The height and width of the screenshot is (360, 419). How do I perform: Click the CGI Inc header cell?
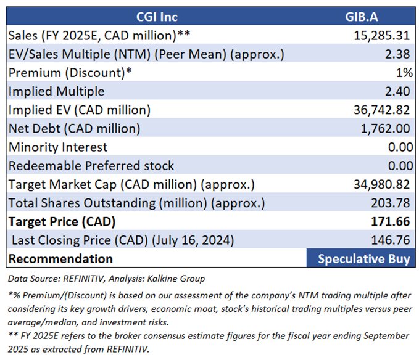point(156,16)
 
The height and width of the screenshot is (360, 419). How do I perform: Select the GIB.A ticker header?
point(362,16)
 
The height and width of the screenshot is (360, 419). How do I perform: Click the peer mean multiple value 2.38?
point(399,54)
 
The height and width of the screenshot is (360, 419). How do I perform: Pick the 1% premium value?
point(404,72)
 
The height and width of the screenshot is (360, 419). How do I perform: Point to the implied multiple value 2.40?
point(399,91)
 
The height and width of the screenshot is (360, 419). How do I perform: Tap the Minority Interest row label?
point(58,147)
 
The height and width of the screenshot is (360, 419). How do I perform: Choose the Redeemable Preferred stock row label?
point(91,166)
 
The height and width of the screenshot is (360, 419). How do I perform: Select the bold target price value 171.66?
point(392,221)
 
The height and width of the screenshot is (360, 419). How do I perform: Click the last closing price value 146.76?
point(392,240)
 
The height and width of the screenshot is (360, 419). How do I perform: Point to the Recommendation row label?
point(60,258)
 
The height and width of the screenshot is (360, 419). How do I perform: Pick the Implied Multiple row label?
point(56,91)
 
